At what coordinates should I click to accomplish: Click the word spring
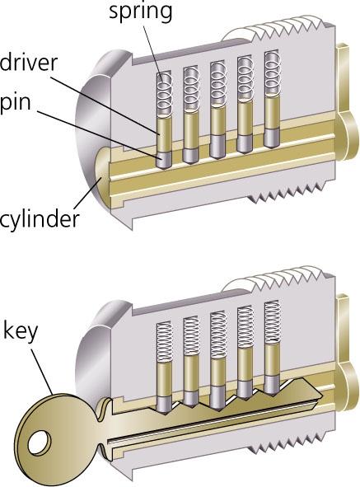tap(140, 12)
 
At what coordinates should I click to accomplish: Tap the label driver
tap(29, 63)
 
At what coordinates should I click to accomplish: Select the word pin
tap(15, 104)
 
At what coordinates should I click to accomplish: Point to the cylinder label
tap(40, 220)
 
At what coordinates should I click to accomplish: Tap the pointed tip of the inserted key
tap(321, 396)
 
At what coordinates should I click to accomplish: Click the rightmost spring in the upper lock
tap(273, 73)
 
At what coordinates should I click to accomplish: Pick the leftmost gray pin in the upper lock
tap(164, 160)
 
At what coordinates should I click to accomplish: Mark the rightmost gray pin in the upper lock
tap(272, 137)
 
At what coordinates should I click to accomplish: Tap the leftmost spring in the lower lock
tap(164, 342)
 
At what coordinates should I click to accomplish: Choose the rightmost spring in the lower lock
tap(273, 323)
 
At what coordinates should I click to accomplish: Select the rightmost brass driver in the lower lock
tap(272, 359)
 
